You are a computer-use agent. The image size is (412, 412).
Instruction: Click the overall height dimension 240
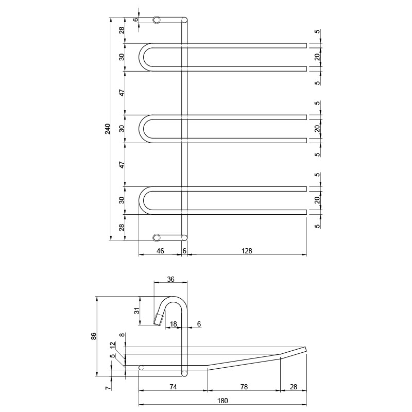click(108, 128)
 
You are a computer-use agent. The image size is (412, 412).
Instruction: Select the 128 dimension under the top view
click(247, 251)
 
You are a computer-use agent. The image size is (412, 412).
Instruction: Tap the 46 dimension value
click(160, 251)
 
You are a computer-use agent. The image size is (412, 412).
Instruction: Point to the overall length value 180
click(222, 401)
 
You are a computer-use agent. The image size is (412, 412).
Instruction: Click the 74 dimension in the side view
click(173, 387)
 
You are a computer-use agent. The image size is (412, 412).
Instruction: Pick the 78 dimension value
click(244, 387)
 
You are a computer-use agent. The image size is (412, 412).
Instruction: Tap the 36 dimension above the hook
click(171, 279)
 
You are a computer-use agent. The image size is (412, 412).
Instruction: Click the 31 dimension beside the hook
click(137, 311)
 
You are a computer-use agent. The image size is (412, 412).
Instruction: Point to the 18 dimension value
click(174, 324)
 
